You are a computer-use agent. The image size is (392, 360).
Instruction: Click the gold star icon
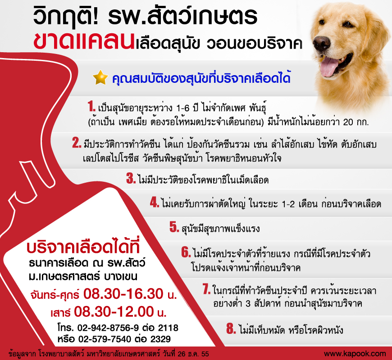tap(100, 77)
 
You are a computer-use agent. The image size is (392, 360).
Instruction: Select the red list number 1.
tap(91, 106)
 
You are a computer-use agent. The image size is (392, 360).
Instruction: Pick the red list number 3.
tap(131, 178)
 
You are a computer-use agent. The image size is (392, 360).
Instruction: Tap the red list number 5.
tap(174, 227)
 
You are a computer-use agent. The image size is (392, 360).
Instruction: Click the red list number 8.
tap(231, 328)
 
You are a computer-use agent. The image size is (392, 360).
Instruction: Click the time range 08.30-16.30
tap(123, 293)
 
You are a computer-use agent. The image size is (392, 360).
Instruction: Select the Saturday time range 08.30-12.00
tap(114, 311)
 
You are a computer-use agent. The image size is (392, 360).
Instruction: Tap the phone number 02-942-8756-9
tap(108, 328)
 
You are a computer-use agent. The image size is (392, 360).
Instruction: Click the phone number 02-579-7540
tap(105, 339)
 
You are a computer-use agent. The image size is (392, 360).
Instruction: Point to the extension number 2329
tap(160, 339)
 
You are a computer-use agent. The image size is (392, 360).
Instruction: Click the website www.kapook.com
tap(355, 354)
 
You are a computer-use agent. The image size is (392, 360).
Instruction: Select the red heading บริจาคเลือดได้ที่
tap(83, 247)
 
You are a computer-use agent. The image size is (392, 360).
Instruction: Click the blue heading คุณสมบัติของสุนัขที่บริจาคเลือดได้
tap(201, 78)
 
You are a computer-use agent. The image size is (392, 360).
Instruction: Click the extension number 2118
tap(168, 328)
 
